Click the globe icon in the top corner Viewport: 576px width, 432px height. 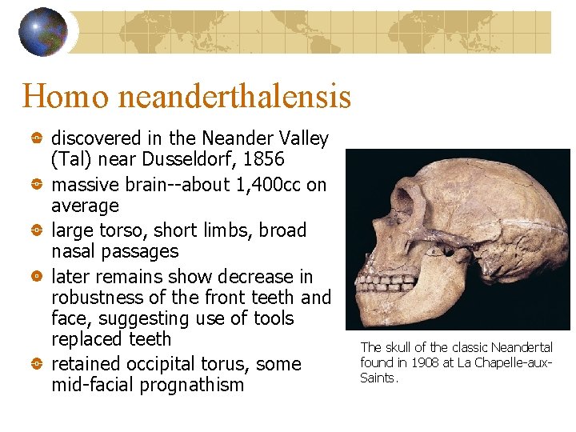point(42,32)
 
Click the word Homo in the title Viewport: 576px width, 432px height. point(66,97)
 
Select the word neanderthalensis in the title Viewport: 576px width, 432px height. point(234,97)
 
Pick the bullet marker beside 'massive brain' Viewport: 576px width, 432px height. point(37,186)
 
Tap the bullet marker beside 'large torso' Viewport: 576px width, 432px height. point(37,231)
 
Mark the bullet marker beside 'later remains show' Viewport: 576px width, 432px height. point(37,277)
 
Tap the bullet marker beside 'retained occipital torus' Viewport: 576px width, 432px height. point(37,365)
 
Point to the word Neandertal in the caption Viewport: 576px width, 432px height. point(523,347)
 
